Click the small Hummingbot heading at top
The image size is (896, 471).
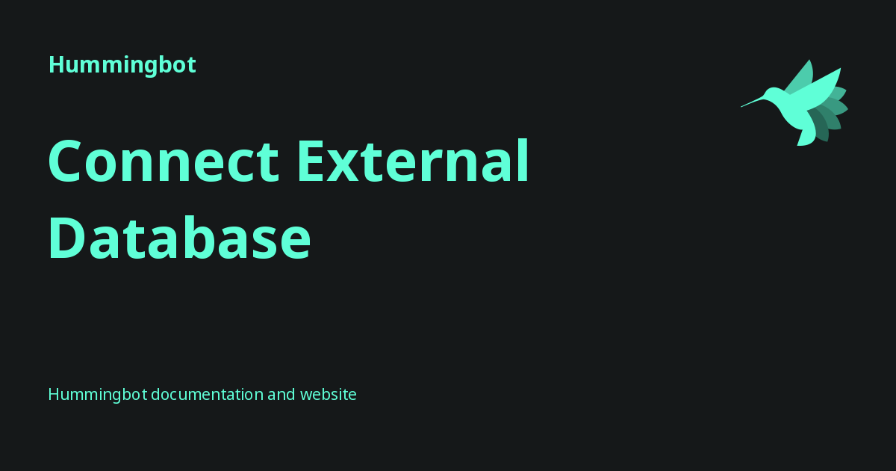[122, 65]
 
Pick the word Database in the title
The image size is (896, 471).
[179, 237]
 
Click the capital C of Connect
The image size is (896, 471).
[69, 162]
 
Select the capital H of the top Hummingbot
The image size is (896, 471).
[55, 65]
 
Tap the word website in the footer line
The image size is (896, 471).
[328, 394]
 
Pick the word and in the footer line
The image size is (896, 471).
[281, 394]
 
